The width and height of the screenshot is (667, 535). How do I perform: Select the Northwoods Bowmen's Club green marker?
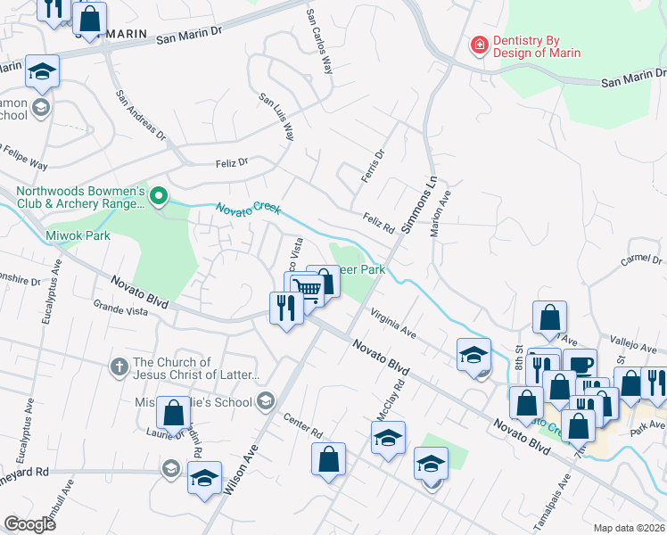click(x=160, y=195)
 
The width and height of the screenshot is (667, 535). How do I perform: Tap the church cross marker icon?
click(x=119, y=366)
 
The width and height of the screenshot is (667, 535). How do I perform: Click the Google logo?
click(x=30, y=524)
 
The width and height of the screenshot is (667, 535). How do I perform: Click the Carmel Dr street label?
click(x=641, y=259)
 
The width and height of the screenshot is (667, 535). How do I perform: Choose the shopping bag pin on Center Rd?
click(x=329, y=461)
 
